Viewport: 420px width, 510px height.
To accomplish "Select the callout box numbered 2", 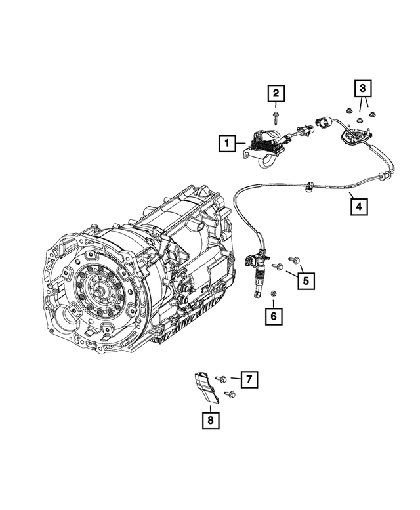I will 276,95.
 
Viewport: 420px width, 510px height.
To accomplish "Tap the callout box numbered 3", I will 364,87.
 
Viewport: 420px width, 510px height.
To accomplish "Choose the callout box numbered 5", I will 305,281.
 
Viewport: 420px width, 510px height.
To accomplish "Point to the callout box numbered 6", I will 273,317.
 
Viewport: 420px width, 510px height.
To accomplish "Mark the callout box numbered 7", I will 249,379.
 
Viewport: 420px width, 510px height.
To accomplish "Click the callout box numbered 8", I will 211,419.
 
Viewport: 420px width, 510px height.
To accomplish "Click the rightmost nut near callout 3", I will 371,116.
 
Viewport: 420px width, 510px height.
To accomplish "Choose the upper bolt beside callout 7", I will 222,379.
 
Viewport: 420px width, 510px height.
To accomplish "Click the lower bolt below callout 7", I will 230,394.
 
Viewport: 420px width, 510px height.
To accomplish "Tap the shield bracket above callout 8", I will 205,389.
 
